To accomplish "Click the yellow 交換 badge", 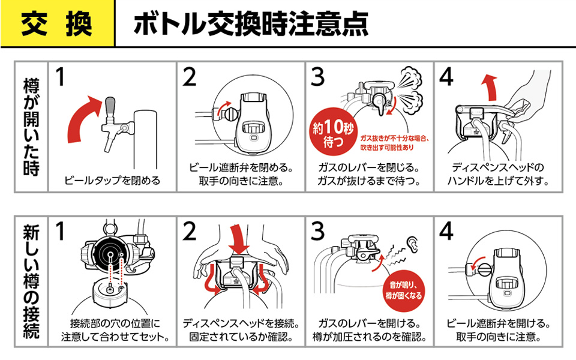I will pyautogui.click(x=57, y=23).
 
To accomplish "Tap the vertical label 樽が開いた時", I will pyautogui.click(x=31, y=126).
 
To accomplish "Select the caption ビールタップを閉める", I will pyautogui.click(x=112, y=180).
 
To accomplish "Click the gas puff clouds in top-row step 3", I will pyautogui.click(x=410, y=90).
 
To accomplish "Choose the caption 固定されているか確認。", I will pyautogui.click(x=241, y=337).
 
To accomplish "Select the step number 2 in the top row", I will pyautogui.click(x=190, y=76).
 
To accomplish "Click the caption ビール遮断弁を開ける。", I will pyautogui.click(x=499, y=324).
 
